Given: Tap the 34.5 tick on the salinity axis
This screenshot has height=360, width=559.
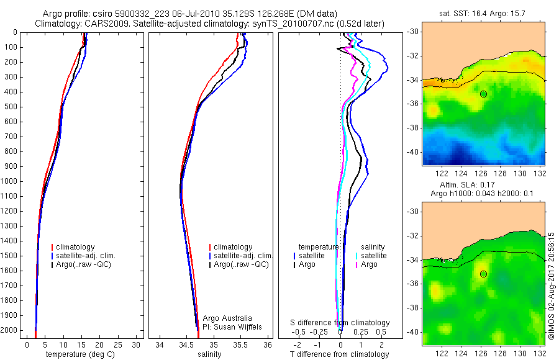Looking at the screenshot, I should [186, 344].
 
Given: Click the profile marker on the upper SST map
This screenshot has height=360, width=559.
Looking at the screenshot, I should [483, 94].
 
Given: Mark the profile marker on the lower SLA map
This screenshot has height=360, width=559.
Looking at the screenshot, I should [483, 274].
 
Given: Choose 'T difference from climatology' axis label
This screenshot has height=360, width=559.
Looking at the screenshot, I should [340, 354].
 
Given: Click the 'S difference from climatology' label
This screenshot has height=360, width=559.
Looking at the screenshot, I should [340, 323].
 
